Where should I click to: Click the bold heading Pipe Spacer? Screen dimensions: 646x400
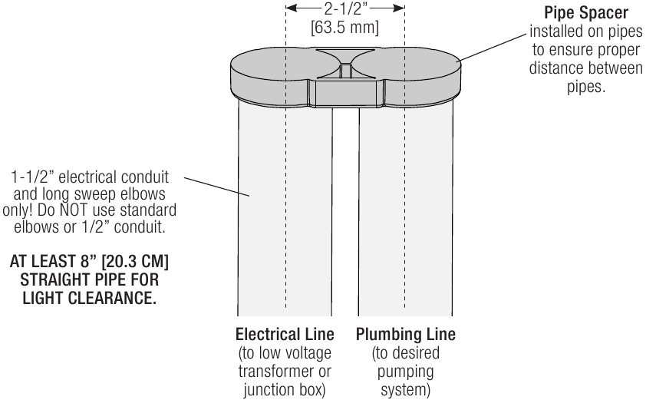click(x=586, y=13)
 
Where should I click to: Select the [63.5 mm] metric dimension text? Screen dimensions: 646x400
click(x=344, y=28)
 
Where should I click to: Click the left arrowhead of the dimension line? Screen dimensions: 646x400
click(x=291, y=8)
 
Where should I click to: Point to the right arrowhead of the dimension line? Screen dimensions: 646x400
click(x=399, y=8)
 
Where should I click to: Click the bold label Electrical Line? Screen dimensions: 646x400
click(x=285, y=334)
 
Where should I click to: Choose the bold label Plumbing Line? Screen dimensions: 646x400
click(x=406, y=334)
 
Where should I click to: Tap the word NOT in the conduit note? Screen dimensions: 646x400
click(x=74, y=210)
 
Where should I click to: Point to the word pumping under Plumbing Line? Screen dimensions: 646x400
click(x=405, y=372)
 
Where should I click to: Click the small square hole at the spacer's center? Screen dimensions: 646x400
click(x=346, y=71)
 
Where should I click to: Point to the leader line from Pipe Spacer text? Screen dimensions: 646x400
click(x=492, y=48)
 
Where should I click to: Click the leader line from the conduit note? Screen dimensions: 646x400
click(x=216, y=187)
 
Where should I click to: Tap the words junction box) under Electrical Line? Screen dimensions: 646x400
click(x=285, y=390)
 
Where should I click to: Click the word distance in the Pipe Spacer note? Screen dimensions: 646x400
click(x=556, y=68)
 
